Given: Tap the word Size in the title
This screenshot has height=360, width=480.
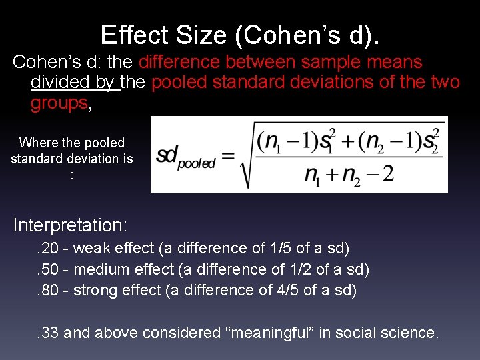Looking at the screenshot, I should (192, 34).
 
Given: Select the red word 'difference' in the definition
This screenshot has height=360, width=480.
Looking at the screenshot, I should (180, 62).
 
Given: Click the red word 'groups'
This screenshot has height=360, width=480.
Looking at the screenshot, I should (59, 103).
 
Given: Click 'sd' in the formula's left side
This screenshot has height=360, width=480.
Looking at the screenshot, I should (166, 156).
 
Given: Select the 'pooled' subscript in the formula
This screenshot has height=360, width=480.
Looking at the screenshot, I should (197, 163).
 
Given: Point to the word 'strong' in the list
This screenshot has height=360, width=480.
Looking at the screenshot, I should (94, 290).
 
